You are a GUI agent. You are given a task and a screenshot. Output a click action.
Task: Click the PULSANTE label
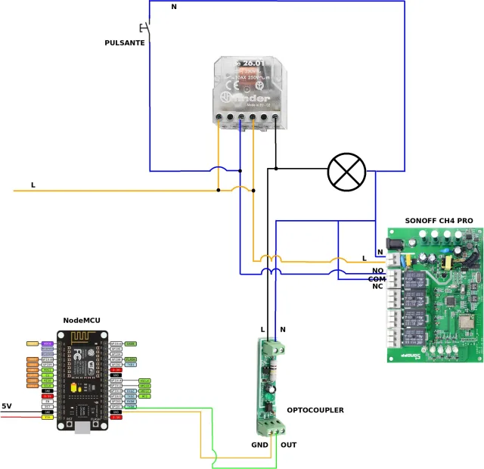point(125,43)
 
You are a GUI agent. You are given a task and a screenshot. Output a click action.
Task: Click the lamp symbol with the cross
point(346,172)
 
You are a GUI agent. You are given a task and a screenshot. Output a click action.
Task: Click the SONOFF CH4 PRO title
point(439,220)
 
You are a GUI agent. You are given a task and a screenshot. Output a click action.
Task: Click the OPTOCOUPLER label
point(315,410)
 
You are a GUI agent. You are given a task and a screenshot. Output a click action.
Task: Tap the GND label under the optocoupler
point(260,445)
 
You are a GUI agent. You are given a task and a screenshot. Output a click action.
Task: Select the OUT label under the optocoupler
point(289,445)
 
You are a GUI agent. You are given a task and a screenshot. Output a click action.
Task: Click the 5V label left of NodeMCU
point(8,405)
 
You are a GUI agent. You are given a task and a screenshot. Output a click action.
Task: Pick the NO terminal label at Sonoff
point(378,270)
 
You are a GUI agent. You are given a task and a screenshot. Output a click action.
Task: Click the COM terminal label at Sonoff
point(377,279)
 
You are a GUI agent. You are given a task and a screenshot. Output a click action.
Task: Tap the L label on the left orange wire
point(33,185)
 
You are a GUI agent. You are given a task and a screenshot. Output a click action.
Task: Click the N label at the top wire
point(174,7)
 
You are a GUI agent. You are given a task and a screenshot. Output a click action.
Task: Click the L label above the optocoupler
point(262,329)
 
